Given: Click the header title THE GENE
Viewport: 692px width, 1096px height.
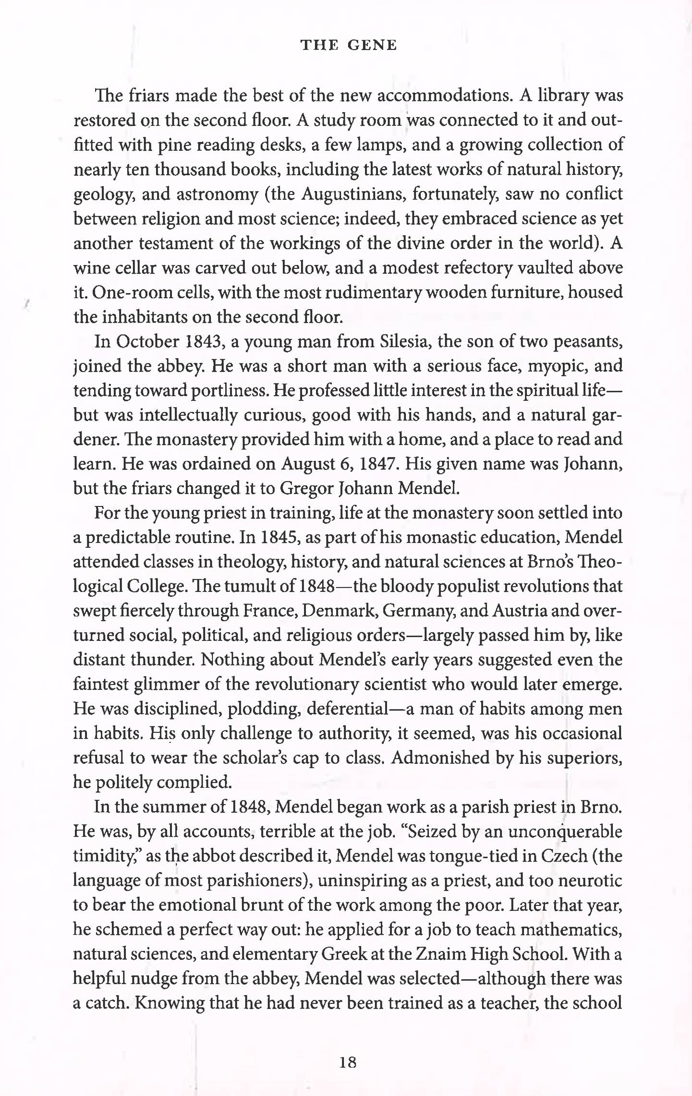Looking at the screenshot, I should (x=349, y=45).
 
